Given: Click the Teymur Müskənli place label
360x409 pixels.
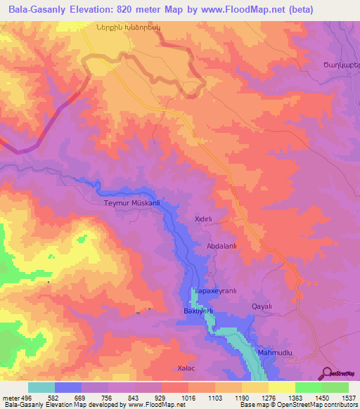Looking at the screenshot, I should click(x=132, y=203).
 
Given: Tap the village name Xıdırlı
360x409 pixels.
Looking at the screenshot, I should click(x=203, y=219).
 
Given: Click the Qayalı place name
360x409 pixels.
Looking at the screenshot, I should click(x=261, y=306).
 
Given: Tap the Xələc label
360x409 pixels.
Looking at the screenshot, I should click(x=186, y=368).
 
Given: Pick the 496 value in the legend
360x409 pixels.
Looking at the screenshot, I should click(x=25, y=397).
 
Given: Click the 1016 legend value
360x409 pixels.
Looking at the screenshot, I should click(x=188, y=397).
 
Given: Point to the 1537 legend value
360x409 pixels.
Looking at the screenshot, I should click(x=349, y=397).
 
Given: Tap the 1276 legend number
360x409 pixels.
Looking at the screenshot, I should click(x=269, y=397).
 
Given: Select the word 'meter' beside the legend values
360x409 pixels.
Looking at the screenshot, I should click(x=9, y=397).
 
